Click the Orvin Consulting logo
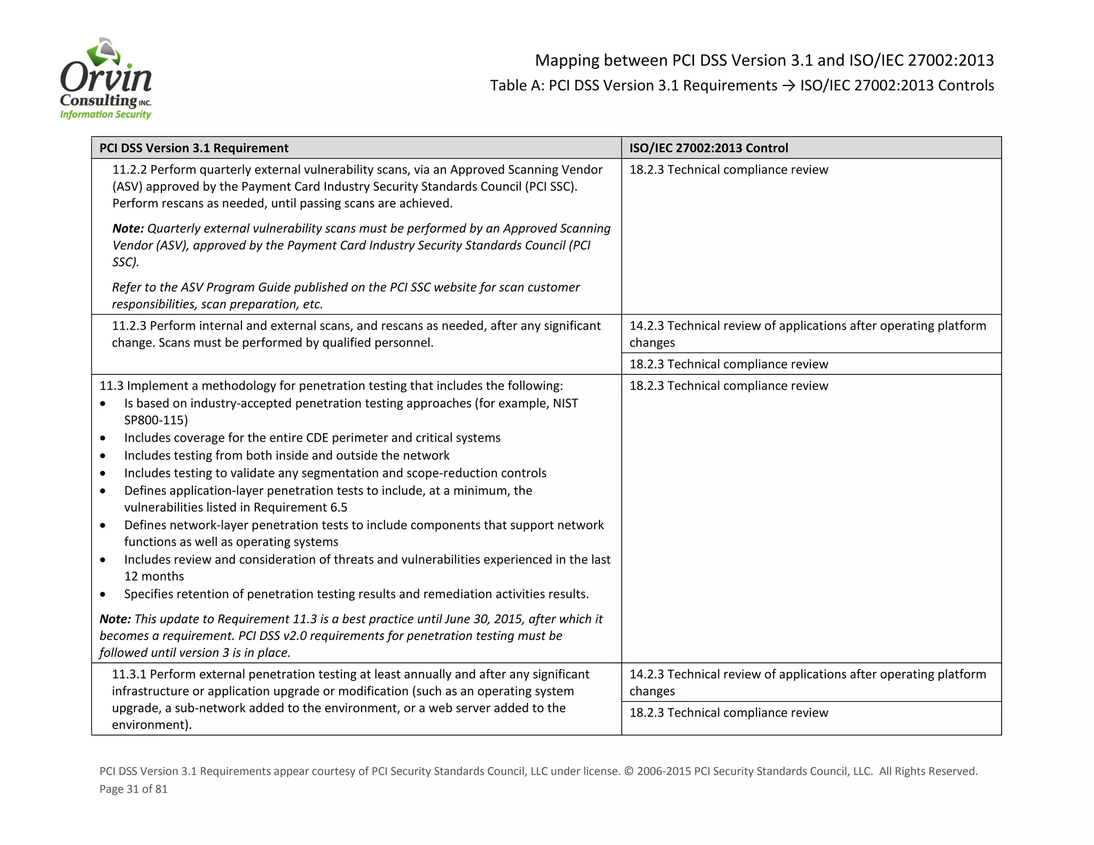point(106,79)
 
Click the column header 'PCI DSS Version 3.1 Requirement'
point(194,148)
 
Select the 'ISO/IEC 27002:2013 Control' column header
point(708,148)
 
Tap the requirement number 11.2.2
point(129,170)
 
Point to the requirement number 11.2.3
point(129,326)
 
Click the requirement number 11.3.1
point(129,674)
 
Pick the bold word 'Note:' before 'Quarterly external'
point(128,229)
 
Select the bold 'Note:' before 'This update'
point(115,619)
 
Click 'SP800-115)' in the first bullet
point(156,420)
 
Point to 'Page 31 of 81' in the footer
point(134,789)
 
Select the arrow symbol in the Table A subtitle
point(788,86)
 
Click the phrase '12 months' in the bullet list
point(154,576)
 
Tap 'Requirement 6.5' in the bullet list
point(300,507)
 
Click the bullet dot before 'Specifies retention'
point(103,594)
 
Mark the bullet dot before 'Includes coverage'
point(103,439)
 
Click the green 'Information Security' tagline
point(105,114)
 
